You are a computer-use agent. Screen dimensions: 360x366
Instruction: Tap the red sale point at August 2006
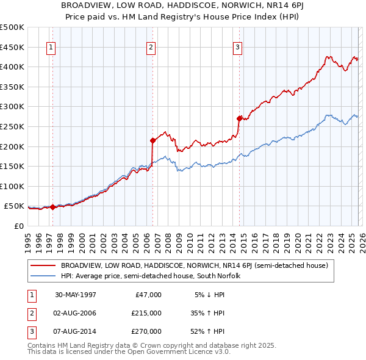(152, 140)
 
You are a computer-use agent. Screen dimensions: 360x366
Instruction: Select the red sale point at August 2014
(239, 118)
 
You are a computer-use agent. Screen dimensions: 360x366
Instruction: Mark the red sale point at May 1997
(53, 207)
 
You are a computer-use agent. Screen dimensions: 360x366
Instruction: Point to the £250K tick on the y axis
(12, 126)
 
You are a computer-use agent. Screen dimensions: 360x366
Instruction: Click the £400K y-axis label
(12, 67)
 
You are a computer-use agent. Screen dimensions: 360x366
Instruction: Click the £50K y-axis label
(14, 206)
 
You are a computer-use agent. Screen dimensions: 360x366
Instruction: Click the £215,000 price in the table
(146, 313)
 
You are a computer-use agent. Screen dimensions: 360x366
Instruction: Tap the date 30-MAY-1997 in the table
(76, 294)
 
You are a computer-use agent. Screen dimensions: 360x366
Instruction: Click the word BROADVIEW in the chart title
(87, 5)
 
